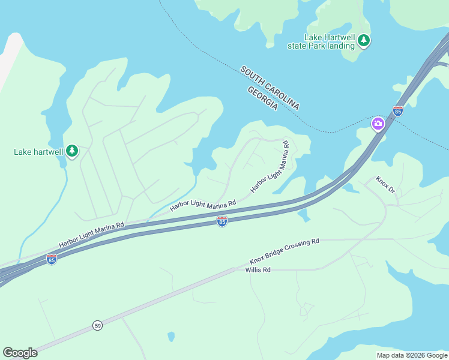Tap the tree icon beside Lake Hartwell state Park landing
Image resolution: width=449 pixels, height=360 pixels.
click(x=364, y=41)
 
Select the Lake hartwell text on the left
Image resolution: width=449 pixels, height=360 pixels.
click(x=38, y=152)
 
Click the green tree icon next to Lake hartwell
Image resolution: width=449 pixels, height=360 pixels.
click(x=72, y=151)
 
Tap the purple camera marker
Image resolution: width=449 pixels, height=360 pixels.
click(x=378, y=124)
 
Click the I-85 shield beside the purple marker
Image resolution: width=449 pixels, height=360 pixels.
click(x=397, y=111)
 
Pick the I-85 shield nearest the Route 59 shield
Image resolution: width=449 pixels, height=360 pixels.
click(x=52, y=260)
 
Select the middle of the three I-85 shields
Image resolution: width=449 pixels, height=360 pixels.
click(x=222, y=222)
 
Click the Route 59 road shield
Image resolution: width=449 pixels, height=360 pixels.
click(x=98, y=325)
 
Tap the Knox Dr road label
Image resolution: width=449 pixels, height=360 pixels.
click(x=385, y=185)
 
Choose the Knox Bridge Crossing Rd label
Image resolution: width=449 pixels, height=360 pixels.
click(x=285, y=251)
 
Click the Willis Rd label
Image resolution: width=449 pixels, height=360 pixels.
click(x=258, y=270)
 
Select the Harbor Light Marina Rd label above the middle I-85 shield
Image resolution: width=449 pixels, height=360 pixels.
click(x=203, y=205)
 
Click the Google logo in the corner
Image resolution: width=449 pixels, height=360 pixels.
click(x=20, y=353)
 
